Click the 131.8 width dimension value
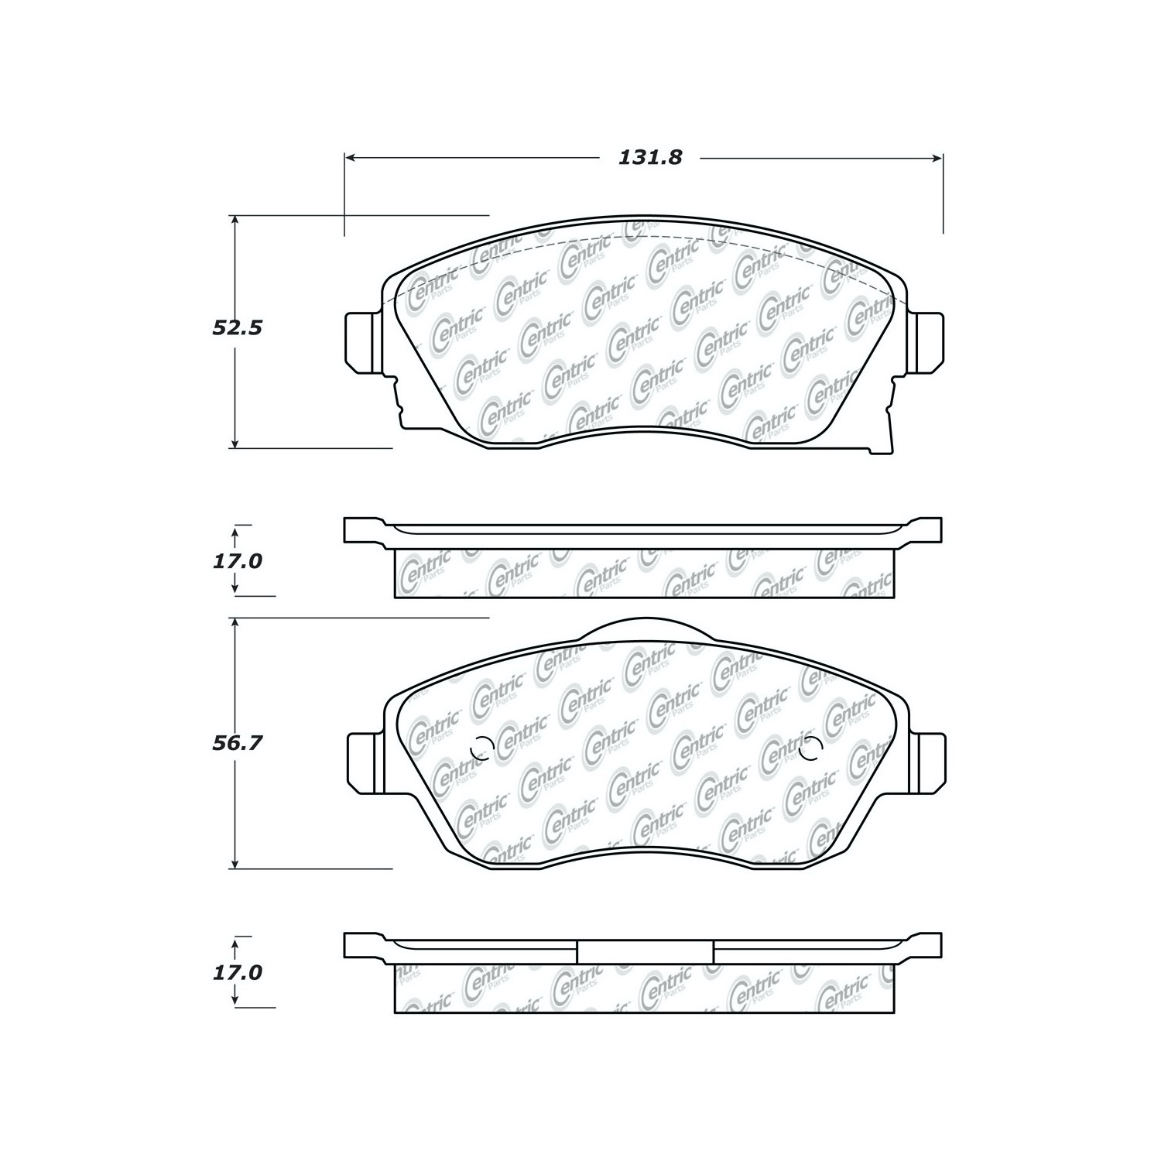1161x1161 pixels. pyautogui.click(x=649, y=158)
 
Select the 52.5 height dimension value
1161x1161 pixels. pyautogui.click(x=237, y=328)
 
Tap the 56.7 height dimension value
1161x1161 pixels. pyautogui.click(x=237, y=743)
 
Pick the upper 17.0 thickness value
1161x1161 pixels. pyautogui.click(x=237, y=560)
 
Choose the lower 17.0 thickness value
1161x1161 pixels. pyautogui.click(x=237, y=972)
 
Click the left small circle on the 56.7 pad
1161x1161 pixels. pyautogui.click(x=482, y=748)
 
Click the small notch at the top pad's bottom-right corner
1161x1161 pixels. pyautogui.click(x=882, y=447)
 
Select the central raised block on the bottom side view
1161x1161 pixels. pyautogui.click(x=645, y=950)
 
